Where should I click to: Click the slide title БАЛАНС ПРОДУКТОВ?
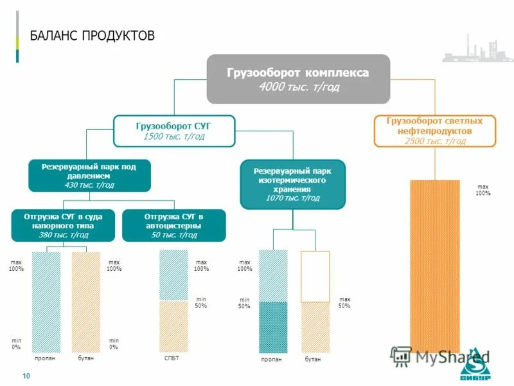click(93, 35)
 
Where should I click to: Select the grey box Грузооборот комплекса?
click(298, 79)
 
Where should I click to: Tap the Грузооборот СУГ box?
click(173, 131)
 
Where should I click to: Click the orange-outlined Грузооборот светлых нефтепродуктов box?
click(435, 131)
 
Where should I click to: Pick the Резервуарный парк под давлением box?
click(89, 176)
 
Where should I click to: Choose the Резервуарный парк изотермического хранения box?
click(292, 185)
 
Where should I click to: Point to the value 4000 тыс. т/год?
click(298, 87)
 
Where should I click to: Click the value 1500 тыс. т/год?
click(173, 136)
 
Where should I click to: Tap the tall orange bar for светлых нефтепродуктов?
click(435, 264)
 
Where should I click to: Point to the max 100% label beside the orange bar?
click(483, 190)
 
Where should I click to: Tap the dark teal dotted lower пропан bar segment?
click(272, 327)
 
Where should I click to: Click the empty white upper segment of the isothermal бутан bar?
click(315, 276)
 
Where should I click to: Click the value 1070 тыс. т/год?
click(292, 198)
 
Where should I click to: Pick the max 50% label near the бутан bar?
click(344, 302)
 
